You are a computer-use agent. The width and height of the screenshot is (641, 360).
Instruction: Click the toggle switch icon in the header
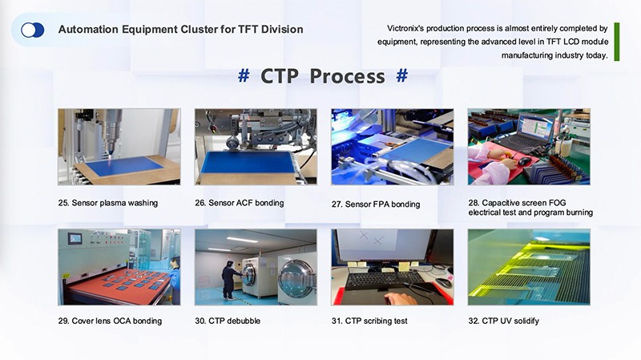point(33,30)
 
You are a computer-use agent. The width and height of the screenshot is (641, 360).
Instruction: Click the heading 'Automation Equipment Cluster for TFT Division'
point(180,30)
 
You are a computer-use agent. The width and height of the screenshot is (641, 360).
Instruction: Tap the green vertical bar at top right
point(616,42)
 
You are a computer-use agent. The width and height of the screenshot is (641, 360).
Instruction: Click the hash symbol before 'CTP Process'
point(244,76)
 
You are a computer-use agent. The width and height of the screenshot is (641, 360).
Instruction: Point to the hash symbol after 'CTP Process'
point(402,76)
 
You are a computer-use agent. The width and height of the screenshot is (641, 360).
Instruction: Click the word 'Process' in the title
point(347,76)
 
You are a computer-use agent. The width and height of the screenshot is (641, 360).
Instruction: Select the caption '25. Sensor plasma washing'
point(108,204)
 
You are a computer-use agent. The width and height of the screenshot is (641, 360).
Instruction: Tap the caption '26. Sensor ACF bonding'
point(239,204)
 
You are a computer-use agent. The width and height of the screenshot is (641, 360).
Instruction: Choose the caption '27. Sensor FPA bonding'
point(376,204)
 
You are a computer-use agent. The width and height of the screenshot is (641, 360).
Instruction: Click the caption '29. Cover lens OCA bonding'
point(110,322)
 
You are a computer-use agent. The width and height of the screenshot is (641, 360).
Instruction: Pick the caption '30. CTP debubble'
point(228,322)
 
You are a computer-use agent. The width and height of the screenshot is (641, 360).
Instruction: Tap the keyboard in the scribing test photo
point(373,281)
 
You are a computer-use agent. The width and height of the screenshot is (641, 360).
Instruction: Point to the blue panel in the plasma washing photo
point(124,166)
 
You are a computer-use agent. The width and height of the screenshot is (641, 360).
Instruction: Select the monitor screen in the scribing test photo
point(377,247)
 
